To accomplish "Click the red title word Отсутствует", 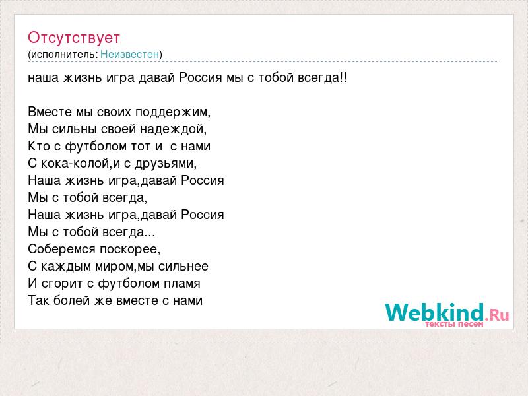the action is tap(74, 38).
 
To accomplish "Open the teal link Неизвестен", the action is tap(129, 55).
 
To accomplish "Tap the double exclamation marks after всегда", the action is tap(343, 77).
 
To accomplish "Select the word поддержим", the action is tap(172, 112).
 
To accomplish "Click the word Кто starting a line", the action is tap(39, 146).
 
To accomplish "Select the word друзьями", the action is tap(164, 164).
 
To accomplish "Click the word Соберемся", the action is tap(62, 249).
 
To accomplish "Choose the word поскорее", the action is tap(129, 250).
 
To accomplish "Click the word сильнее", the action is tap(183, 267).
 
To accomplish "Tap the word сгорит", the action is tap(62, 284).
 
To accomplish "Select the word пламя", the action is tap(182, 284).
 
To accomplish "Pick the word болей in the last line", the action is tap(69, 300).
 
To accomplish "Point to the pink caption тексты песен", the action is tap(454, 324).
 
